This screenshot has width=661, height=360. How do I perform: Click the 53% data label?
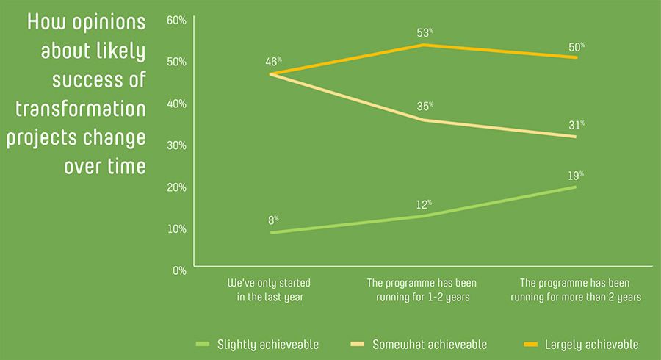[425, 33]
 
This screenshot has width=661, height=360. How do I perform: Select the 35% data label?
[425, 107]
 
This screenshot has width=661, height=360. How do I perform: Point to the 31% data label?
[576, 125]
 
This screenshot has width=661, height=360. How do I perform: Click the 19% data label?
[575, 176]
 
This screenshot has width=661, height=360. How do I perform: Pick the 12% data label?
[424, 204]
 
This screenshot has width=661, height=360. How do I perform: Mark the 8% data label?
[272, 220]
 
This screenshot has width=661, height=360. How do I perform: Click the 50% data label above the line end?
[577, 46]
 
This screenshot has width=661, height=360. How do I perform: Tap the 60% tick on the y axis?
[176, 19]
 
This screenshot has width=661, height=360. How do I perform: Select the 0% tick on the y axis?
[179, 270]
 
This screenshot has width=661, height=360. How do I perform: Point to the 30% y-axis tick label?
[176, 145]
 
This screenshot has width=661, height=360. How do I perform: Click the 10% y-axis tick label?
[176, 228]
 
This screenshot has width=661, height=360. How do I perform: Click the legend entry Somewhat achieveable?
[419, 344]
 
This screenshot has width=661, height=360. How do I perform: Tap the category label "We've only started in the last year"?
[270, 290]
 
